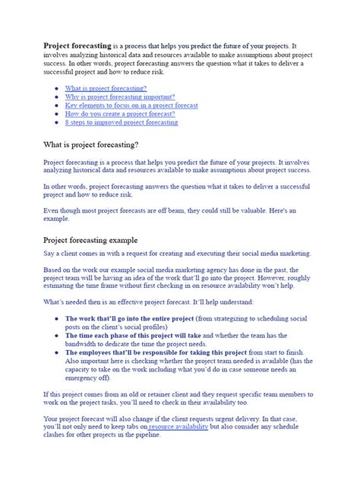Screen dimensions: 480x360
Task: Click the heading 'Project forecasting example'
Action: click(x=96, y=240)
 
